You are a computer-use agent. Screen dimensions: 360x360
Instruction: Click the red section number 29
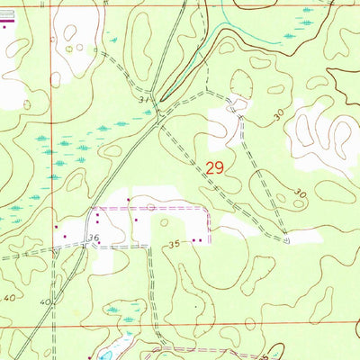pyautogui.click(x=215, y=166)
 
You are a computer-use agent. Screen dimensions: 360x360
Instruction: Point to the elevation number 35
pyautogui.click(x=174, y=243)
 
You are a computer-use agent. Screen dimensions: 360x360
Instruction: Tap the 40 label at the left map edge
pyautogui.click(x=10, y=297)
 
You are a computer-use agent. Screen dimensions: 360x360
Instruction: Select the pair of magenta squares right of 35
pyautogui.click(x=198, y=239)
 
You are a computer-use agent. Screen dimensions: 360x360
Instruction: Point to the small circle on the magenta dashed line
pyautogui.click(x=151, y=207)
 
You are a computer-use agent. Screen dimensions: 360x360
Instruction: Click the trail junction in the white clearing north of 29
pyautogui.click(x=236, y=107)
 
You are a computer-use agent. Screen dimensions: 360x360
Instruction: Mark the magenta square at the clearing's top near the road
pyautogui.click(x=130, y=200)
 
